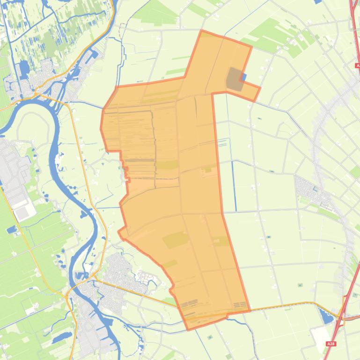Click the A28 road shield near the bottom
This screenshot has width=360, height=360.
tap(331, 344)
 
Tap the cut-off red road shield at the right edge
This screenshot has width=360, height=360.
tap(358, 66)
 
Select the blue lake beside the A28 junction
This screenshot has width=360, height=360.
tap(326, 317)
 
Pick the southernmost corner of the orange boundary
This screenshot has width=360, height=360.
tap(188, 330)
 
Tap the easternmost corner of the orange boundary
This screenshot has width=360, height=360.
tap(260, 87)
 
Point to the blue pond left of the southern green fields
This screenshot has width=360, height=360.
tap(12, 230)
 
